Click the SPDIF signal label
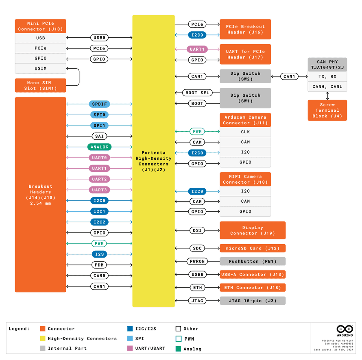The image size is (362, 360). pos(99,104)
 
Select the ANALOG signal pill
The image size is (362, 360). pos(99,147)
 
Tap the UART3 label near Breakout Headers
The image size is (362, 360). pos(99,190)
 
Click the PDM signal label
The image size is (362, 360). pos(99,265)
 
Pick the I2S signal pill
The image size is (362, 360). pos(99,254)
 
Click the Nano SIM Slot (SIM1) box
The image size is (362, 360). pos(40,85)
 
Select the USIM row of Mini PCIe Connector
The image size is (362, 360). pos(40,68)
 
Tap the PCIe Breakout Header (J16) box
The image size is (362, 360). pos(245,29)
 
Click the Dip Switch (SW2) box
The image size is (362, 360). pos(245,76)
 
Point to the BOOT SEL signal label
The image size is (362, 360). pos(197,93)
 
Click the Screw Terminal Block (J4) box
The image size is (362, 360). pos(327,110)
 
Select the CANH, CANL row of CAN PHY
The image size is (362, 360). pos(327,87)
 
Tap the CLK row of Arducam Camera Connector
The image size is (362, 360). pos(245,132)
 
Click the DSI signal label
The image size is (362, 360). pos(197,230)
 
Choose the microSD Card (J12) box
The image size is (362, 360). pos(252,248)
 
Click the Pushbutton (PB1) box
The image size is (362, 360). pos(252,261)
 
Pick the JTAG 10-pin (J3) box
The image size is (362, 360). pos(252,301)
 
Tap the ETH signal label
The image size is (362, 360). pos(197,288)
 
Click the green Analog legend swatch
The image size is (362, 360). pos(178,349)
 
